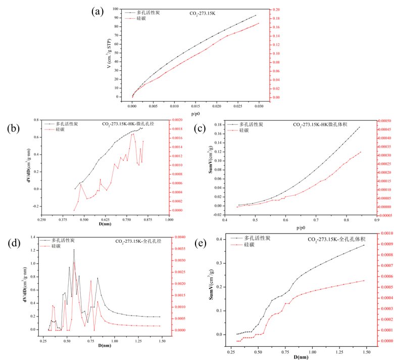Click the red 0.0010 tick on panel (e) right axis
(x=385, y=234)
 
